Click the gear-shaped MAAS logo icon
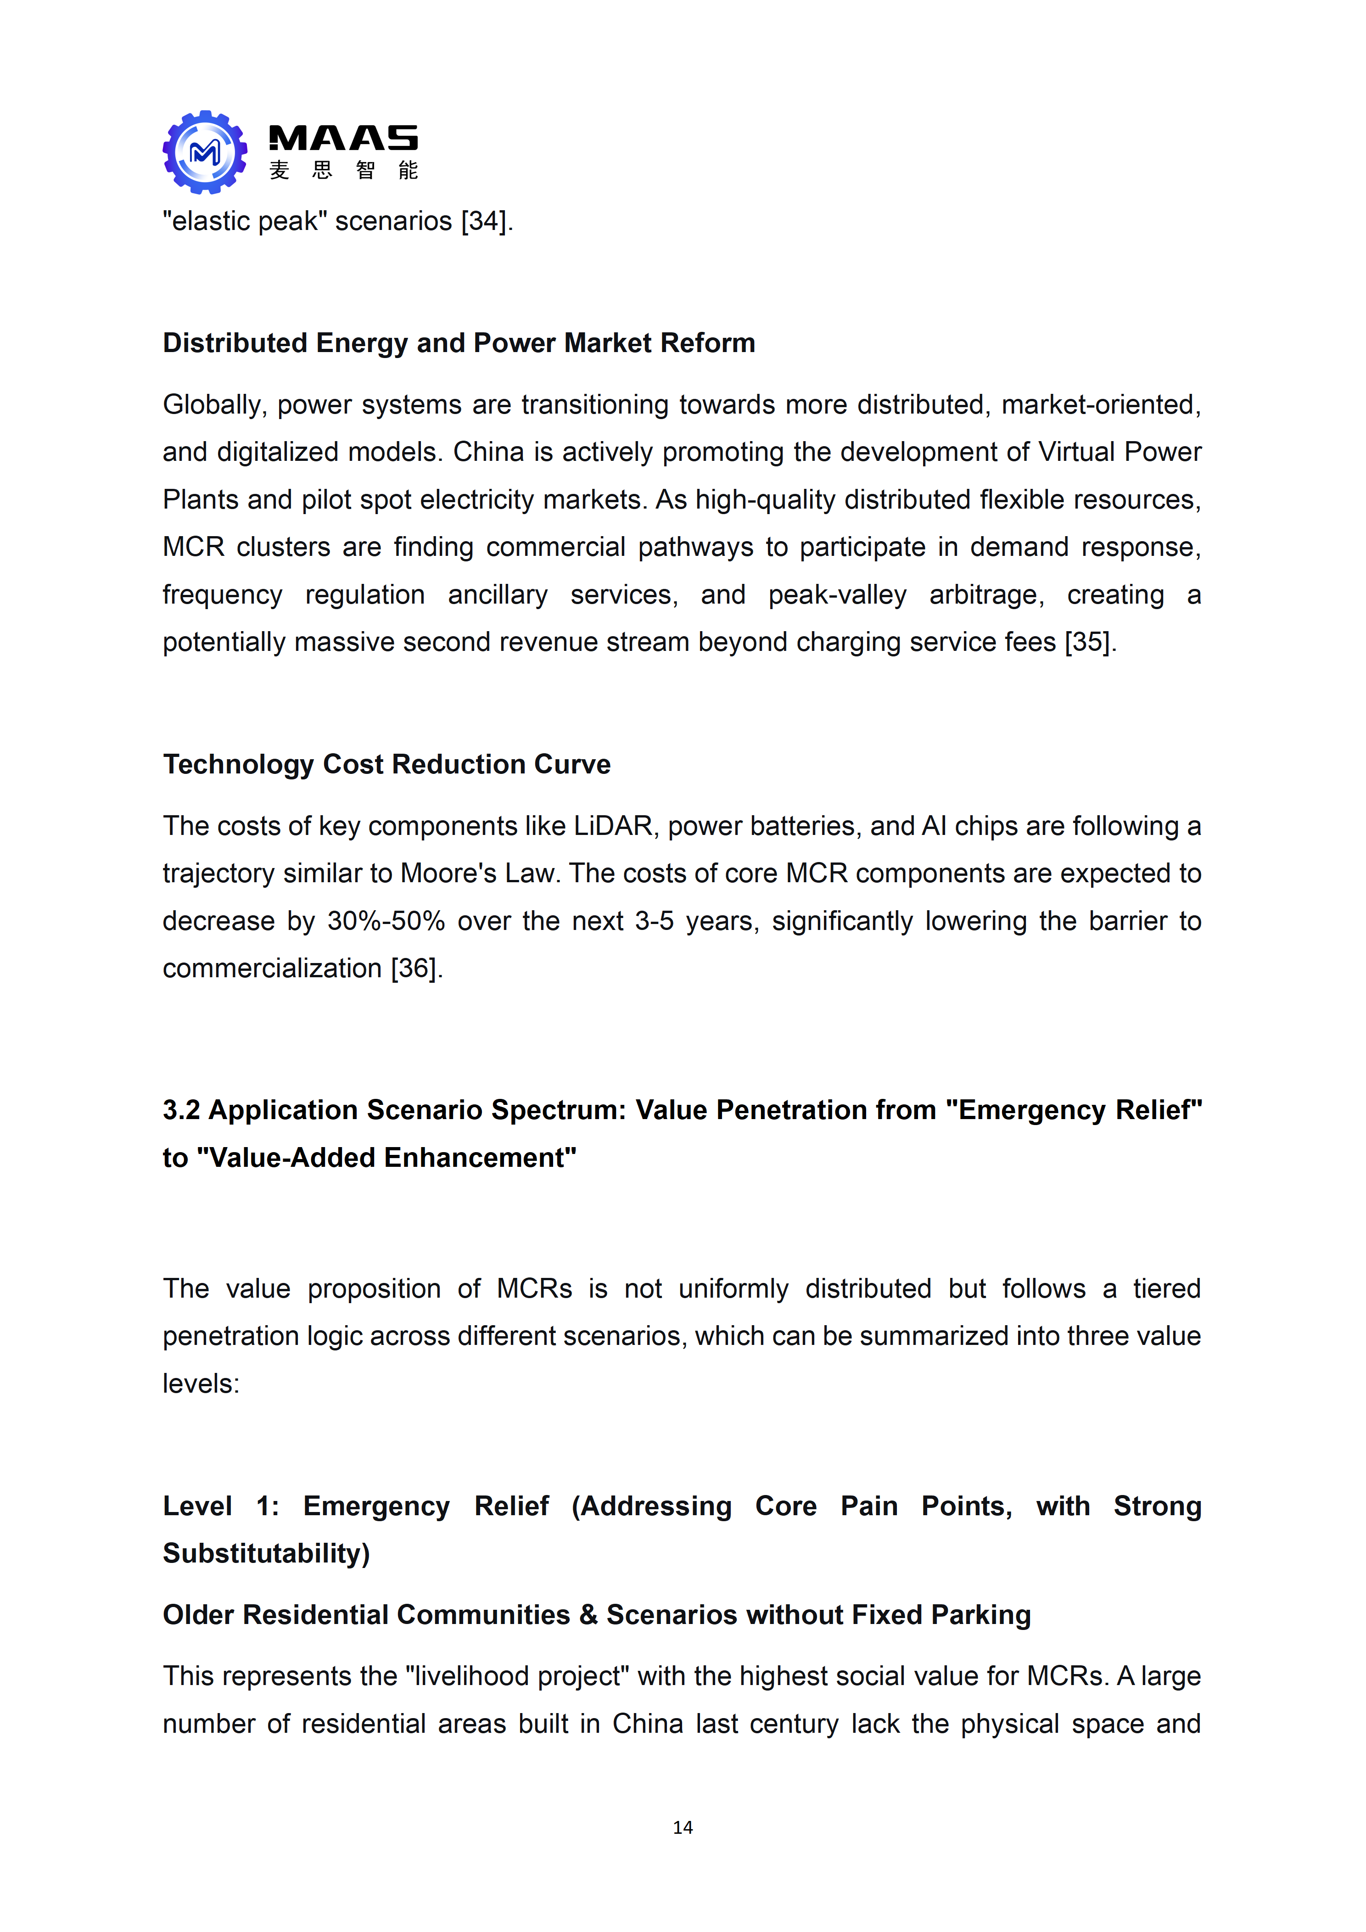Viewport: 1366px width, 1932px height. coord(205,152)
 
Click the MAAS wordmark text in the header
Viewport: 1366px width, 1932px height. coord(342,138)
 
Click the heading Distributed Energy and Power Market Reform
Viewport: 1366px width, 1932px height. coord(459,343)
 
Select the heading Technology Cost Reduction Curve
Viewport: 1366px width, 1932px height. coord(386,764)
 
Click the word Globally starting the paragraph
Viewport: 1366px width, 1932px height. coord(215,405)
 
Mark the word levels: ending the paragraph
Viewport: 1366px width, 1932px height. coord(201,1384)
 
